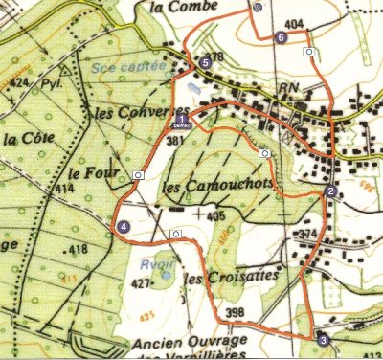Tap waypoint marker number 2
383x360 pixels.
[x=329, y=191]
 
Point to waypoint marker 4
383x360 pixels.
[x=124, y=226]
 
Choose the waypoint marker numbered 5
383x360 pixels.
[x=205, y=63]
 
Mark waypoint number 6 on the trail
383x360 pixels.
[x=281, y=37]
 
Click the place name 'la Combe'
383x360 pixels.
[x=185, y=8]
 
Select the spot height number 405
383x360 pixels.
[x=214, y=216]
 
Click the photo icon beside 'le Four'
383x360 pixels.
[x=139, y=175]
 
